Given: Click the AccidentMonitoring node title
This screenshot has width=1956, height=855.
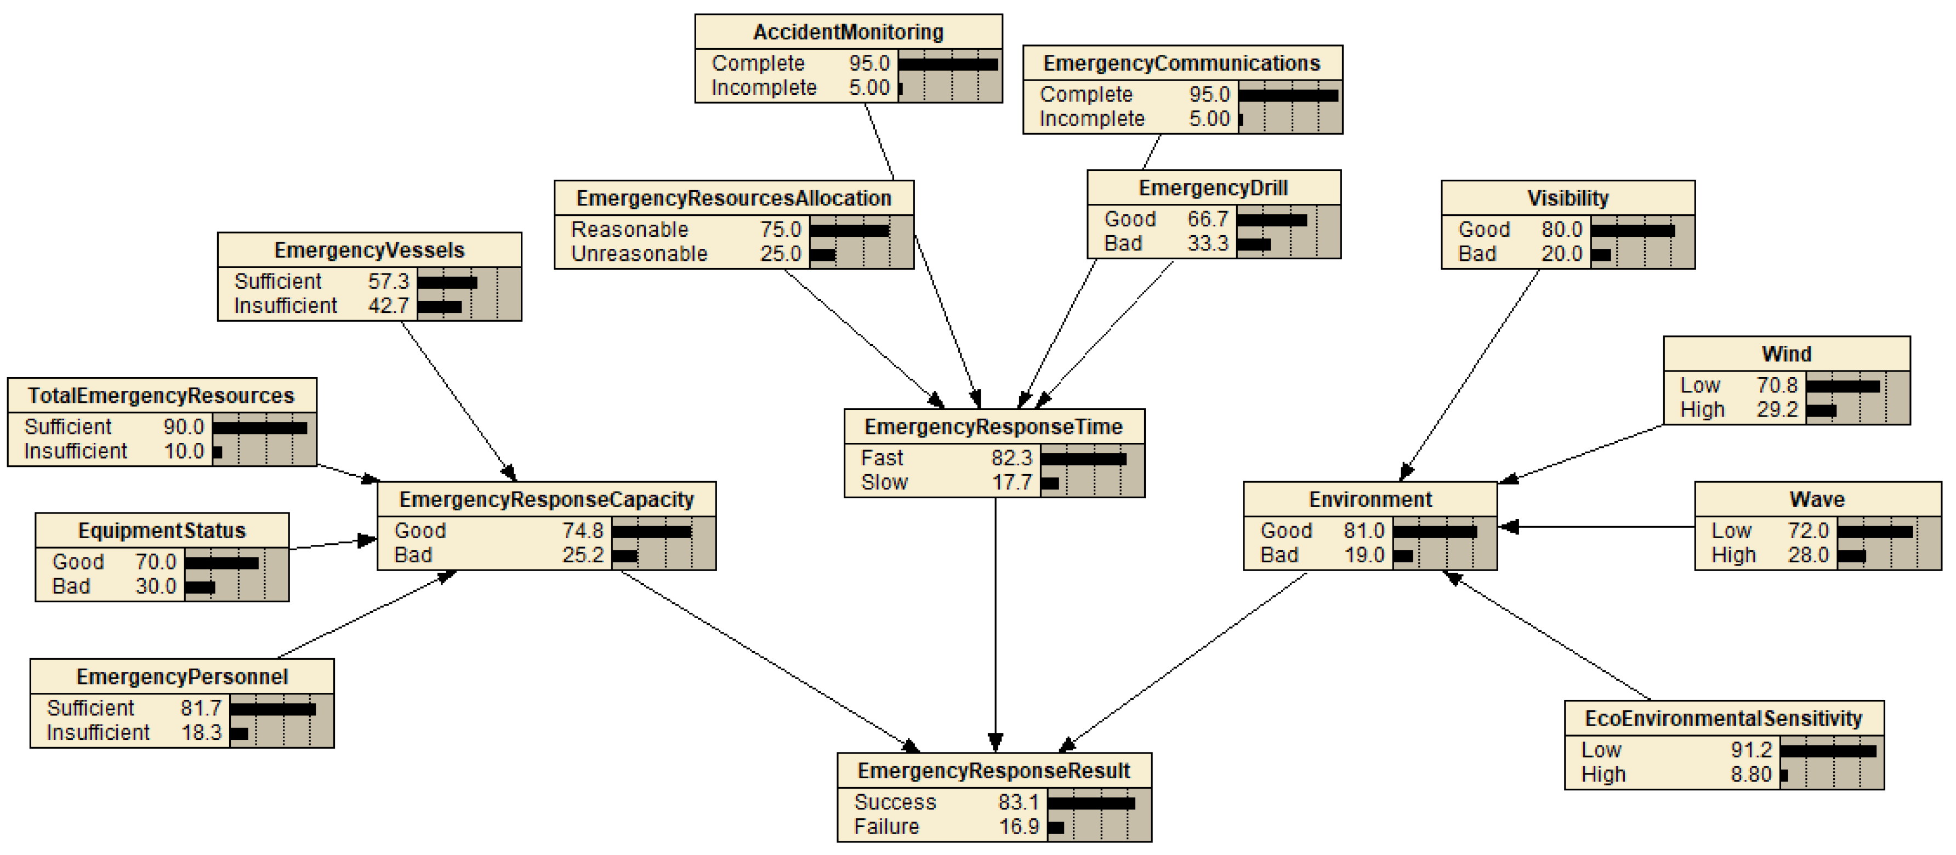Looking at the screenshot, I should tap(848, 32).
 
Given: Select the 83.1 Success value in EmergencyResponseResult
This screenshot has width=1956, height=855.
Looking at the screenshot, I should tap(1018, 802).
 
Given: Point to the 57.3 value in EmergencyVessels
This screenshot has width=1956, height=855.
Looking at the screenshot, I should tap(388, 281).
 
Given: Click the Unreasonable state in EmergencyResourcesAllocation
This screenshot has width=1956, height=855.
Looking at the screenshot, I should tap(639, 254).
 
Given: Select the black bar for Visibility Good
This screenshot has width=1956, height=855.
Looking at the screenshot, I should tap(1633, 229).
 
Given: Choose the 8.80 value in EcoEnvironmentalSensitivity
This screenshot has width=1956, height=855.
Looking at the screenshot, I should tap(1750, 774).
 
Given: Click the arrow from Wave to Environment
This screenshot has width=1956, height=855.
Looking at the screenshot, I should tap(1595, 526).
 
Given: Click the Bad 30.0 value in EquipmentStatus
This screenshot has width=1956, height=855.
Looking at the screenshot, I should tap(155, 586).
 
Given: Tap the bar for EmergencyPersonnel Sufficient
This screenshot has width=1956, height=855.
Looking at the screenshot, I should tap(272, 709).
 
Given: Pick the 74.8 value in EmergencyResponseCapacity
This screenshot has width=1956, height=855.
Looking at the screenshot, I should tap(582, 530).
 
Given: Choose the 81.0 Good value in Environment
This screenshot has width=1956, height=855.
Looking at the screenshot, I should tap(1364, 530).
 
